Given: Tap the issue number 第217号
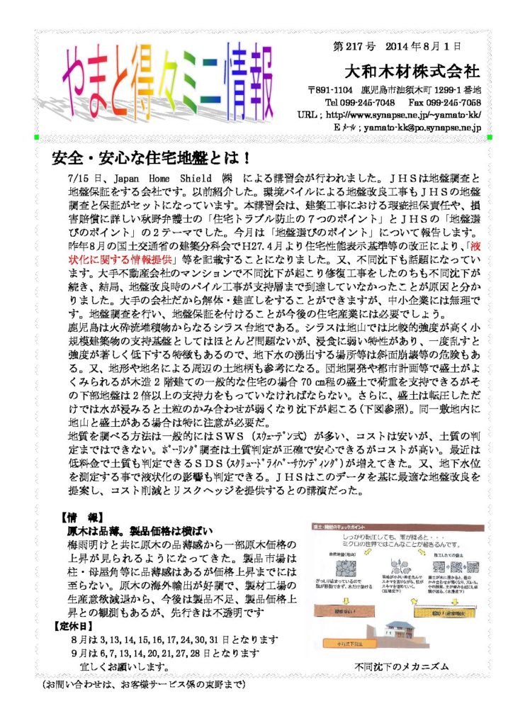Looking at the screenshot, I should tap(354, 47).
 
